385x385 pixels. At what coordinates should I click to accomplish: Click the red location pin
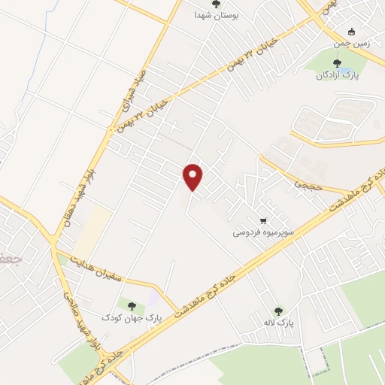click(193, 176)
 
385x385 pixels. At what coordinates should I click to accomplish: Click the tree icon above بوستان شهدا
click(216, 4)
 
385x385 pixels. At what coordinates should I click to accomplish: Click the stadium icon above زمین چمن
click(352, 32)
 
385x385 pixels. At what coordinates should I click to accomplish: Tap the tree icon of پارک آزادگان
click(336, 63)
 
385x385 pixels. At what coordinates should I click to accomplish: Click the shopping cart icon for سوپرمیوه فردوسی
click(262, 221)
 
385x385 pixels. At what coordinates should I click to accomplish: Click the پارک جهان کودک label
click(132, 317)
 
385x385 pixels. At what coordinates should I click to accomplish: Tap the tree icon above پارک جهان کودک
click(132, 305)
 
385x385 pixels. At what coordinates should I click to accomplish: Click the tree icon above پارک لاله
click(279, 310)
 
